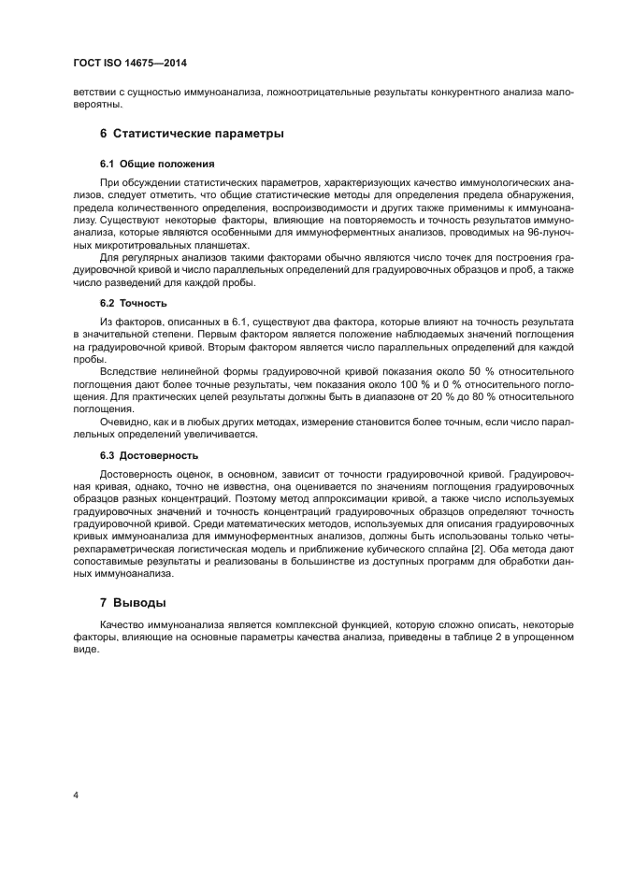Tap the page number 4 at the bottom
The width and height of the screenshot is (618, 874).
point(76,795)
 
